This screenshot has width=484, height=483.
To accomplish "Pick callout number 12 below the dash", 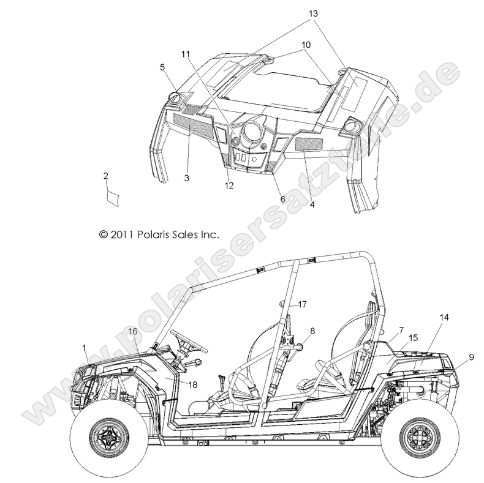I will (x=229, y=185).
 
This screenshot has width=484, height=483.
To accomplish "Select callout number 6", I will (x=266, y=200).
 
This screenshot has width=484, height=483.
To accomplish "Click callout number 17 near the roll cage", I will (x=301, y=304).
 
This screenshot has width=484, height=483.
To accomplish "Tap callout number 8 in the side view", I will (x=312, y=331).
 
